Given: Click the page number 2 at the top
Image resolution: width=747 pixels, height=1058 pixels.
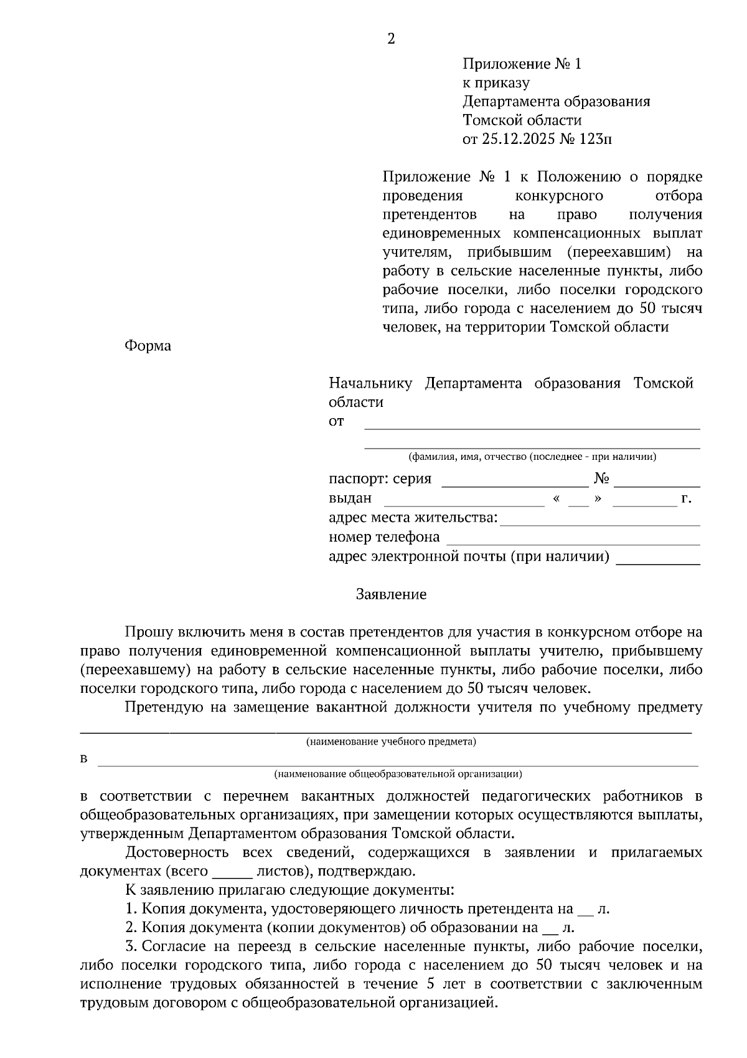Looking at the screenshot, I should click(x=391, y=39).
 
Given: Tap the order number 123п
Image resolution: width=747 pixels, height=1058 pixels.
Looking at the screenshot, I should click(x=595, y=139).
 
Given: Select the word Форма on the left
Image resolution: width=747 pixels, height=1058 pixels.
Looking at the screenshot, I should click(x=148, y=346).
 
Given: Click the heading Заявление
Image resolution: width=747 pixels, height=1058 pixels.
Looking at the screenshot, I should click(x=391, y=594).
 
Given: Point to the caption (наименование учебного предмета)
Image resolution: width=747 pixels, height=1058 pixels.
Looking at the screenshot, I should click(x=391, y=741).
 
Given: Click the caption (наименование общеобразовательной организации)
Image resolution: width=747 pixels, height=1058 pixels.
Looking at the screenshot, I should click(x=398, y=774).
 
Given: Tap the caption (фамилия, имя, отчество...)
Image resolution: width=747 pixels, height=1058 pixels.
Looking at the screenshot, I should click(x=532, y=457).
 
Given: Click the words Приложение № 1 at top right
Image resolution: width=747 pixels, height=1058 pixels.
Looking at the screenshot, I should click(x=521, y=64).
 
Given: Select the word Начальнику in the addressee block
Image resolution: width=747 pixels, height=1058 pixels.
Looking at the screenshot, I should click(x=370, y=383).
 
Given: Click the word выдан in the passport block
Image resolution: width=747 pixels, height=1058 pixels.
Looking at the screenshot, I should click(x=350, y=498).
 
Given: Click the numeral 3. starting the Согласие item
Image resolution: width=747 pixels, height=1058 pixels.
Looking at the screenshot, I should click(x=131, y=946).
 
